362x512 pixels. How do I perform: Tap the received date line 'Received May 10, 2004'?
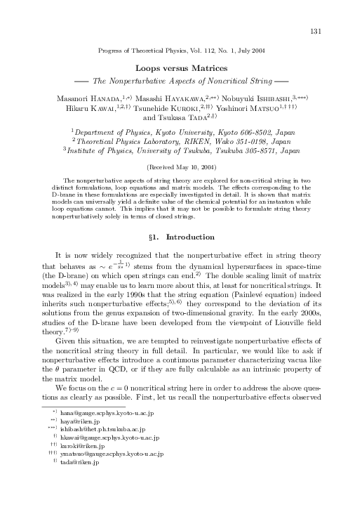pyautogui.click(x=181, y=169)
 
